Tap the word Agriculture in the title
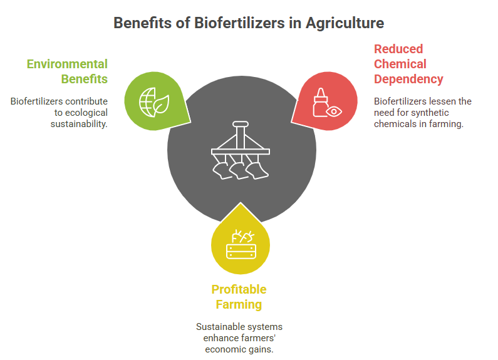coord(345,24)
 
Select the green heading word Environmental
coord(67,64)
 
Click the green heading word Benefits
coord(84,79)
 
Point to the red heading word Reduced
coord(398,49)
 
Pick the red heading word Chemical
coord(400,64)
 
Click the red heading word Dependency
coord(408,80)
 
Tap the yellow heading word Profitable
coord(239,289)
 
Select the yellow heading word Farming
coord(239,305)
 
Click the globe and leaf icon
coord(154,102)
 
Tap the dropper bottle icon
coord(321,102)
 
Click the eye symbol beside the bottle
coord(334,111)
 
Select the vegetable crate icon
coord(241,244)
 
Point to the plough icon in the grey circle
coord(241,150)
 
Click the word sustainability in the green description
coord(78,124)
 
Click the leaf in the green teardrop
coord(161,104)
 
